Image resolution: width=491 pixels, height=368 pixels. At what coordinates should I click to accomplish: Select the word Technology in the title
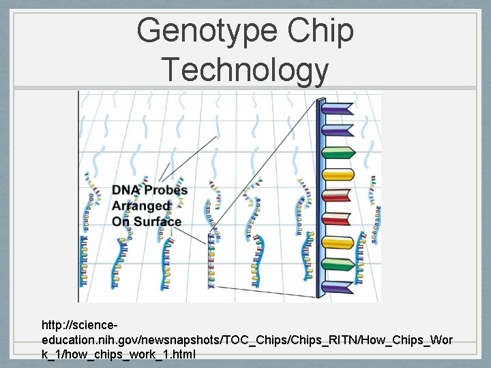pyautogui.click(x=245, y=70)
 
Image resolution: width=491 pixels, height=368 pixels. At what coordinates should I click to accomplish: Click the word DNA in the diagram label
pyautogui.click(x=127, y=190)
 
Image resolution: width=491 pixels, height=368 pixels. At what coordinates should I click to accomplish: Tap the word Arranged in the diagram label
pyautogui.click(x=140, y=206)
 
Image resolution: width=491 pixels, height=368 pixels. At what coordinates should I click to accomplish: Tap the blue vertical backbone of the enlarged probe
pyautogui.click(x=319, y=198)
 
